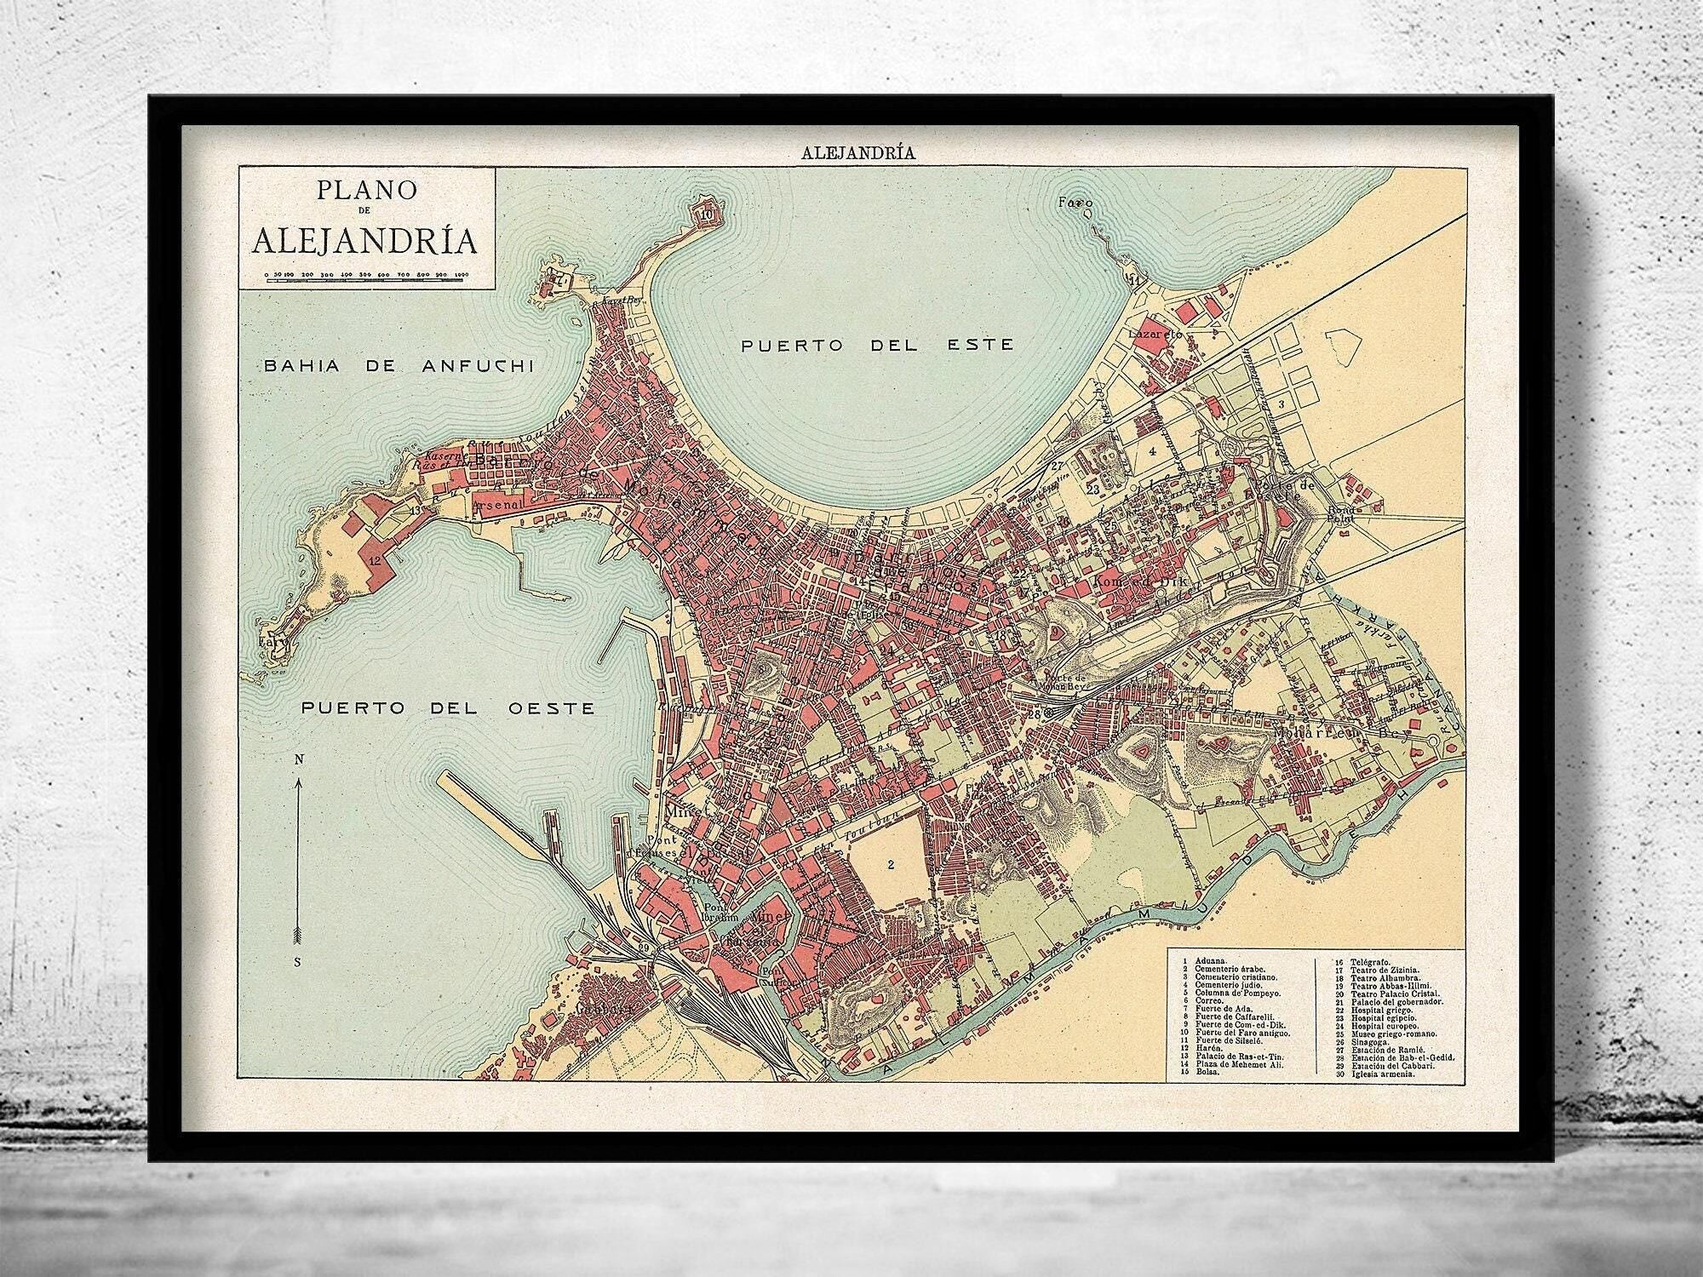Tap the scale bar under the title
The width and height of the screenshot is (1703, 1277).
pos(364,278)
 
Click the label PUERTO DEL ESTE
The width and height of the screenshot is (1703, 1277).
pos(877,345)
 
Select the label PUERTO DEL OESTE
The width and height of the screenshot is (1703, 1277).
pos(447,708)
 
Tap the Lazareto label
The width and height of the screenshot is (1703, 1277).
pos(1155,335)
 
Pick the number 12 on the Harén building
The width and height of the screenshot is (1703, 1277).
pos(375,561)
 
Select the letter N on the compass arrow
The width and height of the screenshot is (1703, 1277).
pos(296,759)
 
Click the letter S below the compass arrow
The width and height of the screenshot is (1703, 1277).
pos(296,962)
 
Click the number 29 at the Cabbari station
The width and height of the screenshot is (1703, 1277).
pos(645,948)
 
